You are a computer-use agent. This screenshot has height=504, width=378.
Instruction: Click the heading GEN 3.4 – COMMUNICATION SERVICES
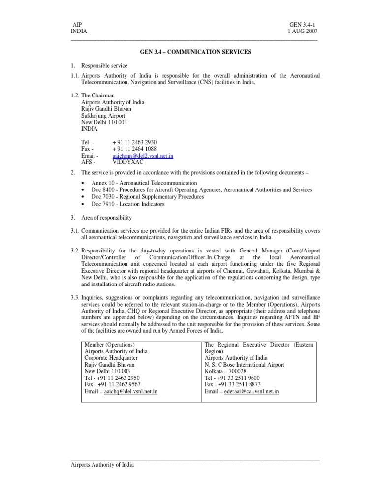[x=195, y=51]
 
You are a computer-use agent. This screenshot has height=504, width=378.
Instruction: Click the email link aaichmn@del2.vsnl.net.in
[x=143, y=156]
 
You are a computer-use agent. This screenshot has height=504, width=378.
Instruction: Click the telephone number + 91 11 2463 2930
[x=134, y=143]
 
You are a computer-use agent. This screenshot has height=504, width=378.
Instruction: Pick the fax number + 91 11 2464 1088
[x=134, y=149]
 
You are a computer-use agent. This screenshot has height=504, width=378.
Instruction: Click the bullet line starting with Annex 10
[x=144, y=183]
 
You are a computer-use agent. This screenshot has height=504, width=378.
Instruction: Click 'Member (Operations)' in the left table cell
[x=110, y=345]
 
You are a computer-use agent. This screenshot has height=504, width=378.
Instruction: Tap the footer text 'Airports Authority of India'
[x=102, y=465]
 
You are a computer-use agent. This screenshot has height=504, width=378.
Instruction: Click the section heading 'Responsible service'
[x=104, y=65]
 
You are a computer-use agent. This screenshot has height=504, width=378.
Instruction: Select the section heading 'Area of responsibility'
[x=106, y=218]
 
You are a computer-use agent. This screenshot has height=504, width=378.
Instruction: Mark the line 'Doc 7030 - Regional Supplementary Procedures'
[x=148, y=197]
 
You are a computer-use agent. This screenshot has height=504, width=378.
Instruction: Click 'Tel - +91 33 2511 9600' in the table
[x=232, y=378]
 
